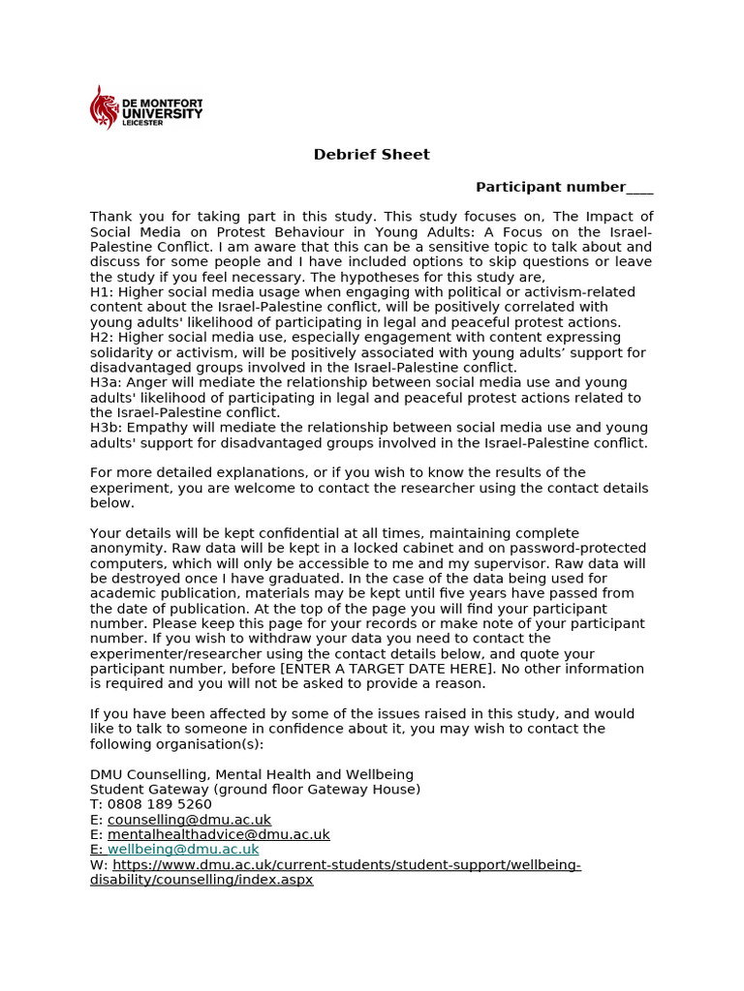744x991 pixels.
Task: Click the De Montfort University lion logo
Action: (102, 107)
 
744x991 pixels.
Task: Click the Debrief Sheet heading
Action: (371, 155)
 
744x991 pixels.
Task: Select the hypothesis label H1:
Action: (102, 292)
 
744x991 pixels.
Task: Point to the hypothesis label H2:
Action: (102, 338)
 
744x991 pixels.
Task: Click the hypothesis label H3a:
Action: (106, 383)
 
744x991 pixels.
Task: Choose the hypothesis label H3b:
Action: (106, 428)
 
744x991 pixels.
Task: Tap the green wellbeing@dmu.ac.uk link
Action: (183, 850)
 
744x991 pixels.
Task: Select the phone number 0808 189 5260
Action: (159, 804)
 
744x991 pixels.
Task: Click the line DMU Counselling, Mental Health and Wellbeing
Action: (252, 774)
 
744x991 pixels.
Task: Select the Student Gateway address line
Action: (255, 790)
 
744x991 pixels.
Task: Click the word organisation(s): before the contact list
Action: (206, 744)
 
